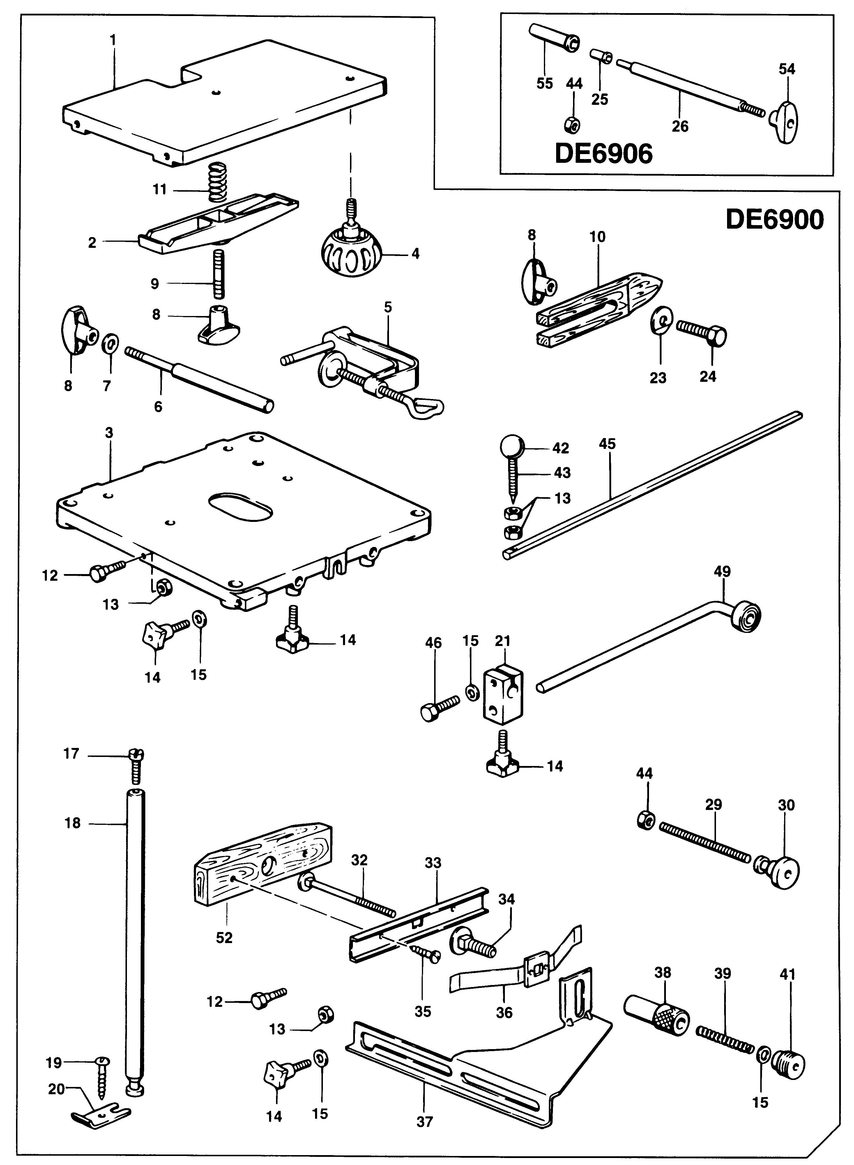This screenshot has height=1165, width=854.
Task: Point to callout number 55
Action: pyautogui.click(x=544, y=83)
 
